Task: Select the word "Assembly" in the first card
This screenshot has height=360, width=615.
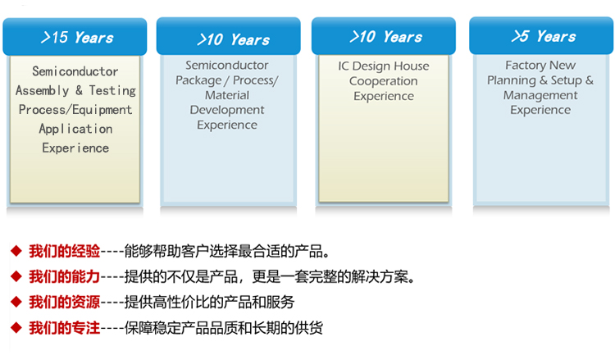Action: [x=43, y=91]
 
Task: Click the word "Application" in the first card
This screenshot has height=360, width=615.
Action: [x=75, y=129]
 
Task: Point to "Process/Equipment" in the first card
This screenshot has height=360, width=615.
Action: [x=75, y=110]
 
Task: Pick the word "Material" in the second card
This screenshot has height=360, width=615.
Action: [x=227, y=95]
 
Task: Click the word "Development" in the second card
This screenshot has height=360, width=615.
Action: [x=227, y=110]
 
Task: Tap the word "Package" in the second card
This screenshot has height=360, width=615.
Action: [x=198, y=80]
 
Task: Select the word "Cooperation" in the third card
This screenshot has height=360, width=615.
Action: [x=384, y=81]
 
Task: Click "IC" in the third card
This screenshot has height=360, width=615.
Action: [x=344, y=66]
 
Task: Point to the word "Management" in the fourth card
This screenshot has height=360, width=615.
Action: [x=540, y=95]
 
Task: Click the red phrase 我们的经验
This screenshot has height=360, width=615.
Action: [x=64, y=251]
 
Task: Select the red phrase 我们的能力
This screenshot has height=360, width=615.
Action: [x=64, y=276]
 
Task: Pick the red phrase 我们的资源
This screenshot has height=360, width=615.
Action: [x=64, y=302]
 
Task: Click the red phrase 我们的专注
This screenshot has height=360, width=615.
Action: [x=64, y=327]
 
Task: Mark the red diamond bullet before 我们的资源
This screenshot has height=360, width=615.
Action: [x=16, y=302]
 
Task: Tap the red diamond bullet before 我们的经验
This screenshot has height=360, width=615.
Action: [x=16, y=251]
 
